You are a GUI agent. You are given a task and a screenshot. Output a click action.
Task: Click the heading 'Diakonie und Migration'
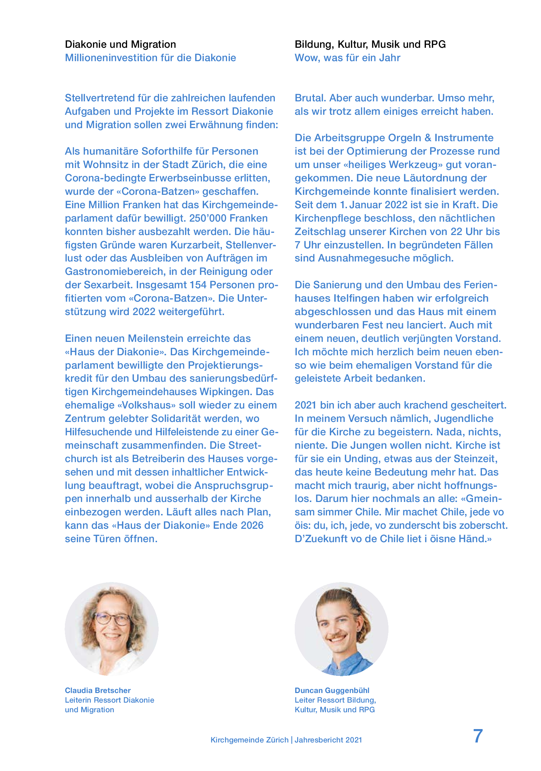[x=120, y=44]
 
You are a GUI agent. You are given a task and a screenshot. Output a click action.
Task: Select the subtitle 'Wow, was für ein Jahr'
[x=347, y=58]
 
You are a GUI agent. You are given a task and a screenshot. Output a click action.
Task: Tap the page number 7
[x=478, y=736]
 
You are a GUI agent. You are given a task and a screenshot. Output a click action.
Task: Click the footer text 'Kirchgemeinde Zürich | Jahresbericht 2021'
[x=286, y=740]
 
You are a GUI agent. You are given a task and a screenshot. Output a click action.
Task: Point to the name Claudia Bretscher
[x=98, y=691]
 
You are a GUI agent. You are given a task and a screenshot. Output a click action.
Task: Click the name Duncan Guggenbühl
[x=332, y=691]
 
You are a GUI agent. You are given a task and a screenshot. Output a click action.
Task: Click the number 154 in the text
[x=197, y=285]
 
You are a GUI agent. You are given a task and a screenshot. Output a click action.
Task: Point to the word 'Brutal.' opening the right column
[x=311, y=98]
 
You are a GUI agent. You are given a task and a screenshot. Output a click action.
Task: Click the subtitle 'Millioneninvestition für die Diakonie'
[x=150, y=58]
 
